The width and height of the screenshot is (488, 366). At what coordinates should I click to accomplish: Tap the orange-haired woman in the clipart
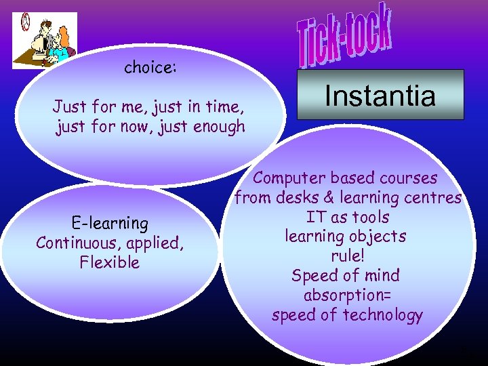(x=62, y=44)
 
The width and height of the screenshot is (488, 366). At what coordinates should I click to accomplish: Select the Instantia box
(x=380, y=95)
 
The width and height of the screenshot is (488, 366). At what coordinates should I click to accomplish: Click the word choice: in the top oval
(x=150, y=68)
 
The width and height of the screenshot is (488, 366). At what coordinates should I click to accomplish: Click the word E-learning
(x=109, y=223)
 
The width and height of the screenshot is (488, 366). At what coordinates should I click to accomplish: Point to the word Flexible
(x=109, y=262)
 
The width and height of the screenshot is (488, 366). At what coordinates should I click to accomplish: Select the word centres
(x=433, y=198)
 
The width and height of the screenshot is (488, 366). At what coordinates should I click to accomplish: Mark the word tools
(x=369, y=218)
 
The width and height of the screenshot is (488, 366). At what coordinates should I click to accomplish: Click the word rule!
(x=347, y=257)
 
